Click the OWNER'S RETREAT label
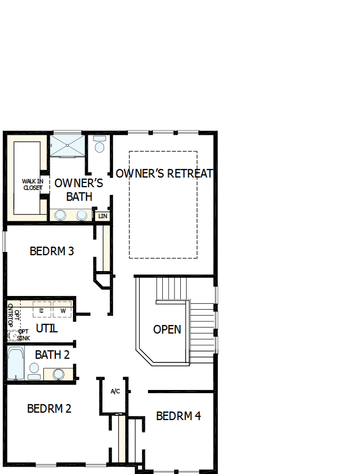coord(164,173)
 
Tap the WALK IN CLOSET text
coord(32,184)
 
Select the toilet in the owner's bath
coord(99,145)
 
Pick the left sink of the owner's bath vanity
coord(61,215)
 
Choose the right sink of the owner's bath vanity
coord(82,215)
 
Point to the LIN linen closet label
coord(103,216)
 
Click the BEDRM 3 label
coord(51,251)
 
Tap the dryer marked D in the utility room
coord(42,310)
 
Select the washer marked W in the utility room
coord(63,310)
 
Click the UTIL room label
coord(47,329)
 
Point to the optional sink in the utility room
coord(13,335)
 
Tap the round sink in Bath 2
coord(59,374)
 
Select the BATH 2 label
coord(52,355)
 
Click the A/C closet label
coord(116,392)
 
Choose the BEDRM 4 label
coord(178,416)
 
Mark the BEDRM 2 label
coord(49,408)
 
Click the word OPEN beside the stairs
coord(167,329)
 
